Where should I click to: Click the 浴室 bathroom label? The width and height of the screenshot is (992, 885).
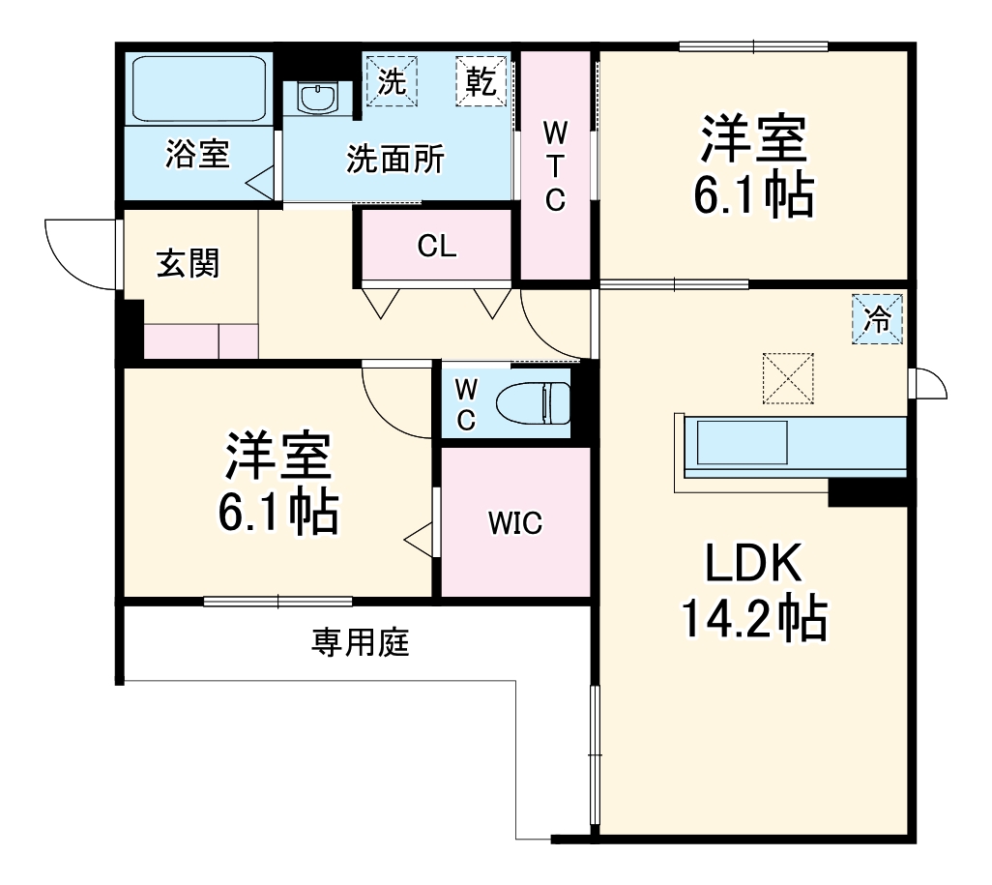197,155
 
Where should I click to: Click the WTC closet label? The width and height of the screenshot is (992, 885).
555,164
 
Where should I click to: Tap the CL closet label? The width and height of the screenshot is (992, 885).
436,247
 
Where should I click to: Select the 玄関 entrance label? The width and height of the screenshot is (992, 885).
189,263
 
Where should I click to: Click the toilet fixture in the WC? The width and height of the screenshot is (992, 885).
531,402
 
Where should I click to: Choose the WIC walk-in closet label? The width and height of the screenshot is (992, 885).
514,524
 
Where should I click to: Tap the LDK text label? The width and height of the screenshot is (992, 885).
752,564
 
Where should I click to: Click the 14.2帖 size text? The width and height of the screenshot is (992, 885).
753,619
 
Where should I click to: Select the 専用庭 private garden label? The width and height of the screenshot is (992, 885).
361,641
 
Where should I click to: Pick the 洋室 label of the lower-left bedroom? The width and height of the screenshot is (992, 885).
278,457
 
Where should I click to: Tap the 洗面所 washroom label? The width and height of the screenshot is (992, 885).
395,160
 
